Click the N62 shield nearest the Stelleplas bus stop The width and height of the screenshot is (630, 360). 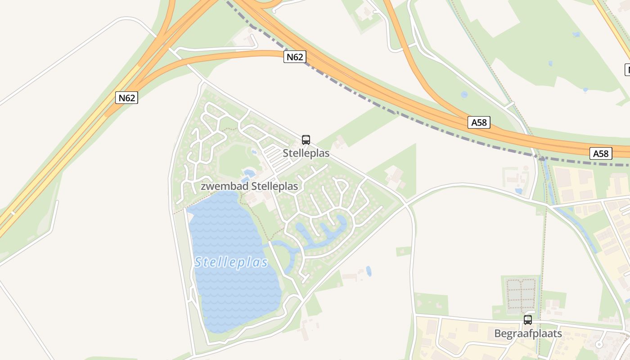pos(295,57)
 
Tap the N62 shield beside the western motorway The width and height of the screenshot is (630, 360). pos(126,98)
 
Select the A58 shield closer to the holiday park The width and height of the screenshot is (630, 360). pos(478,122)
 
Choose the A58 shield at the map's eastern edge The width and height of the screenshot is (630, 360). pos(601,153)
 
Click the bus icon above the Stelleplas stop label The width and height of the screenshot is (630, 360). pos(306,140)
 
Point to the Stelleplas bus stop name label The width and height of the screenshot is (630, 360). pos(306,153)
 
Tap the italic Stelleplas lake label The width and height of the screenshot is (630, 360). pos(231,262)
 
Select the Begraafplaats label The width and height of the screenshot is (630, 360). pos(528,333)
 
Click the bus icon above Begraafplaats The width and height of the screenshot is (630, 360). pos(528,320)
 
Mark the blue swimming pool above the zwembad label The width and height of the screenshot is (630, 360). pos(248,173)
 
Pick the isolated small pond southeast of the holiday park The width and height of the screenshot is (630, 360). pos(369,271)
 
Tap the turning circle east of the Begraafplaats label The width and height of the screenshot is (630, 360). pos(598,345)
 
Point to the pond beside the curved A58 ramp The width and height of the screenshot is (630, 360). pos(464,95)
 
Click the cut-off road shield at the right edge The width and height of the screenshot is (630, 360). pos(627,70)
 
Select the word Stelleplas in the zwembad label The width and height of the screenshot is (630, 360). pos(274,186)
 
